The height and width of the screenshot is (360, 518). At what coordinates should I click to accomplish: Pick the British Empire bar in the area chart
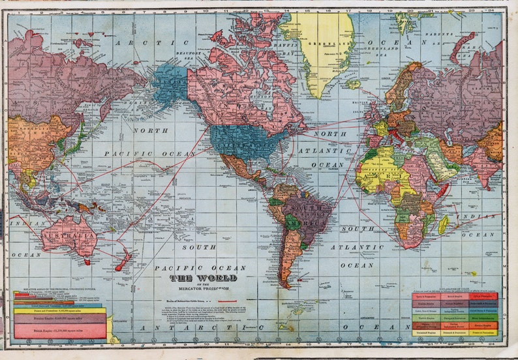tap(60, 331)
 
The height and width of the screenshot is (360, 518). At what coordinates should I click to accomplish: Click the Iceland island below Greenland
tap(353, 83)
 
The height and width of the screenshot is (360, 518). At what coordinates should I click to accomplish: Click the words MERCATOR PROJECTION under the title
tap(204, 288)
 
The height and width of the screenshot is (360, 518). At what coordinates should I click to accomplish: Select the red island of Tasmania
tap(87, 262)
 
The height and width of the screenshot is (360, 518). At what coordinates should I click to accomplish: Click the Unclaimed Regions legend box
tap(425, 333)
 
